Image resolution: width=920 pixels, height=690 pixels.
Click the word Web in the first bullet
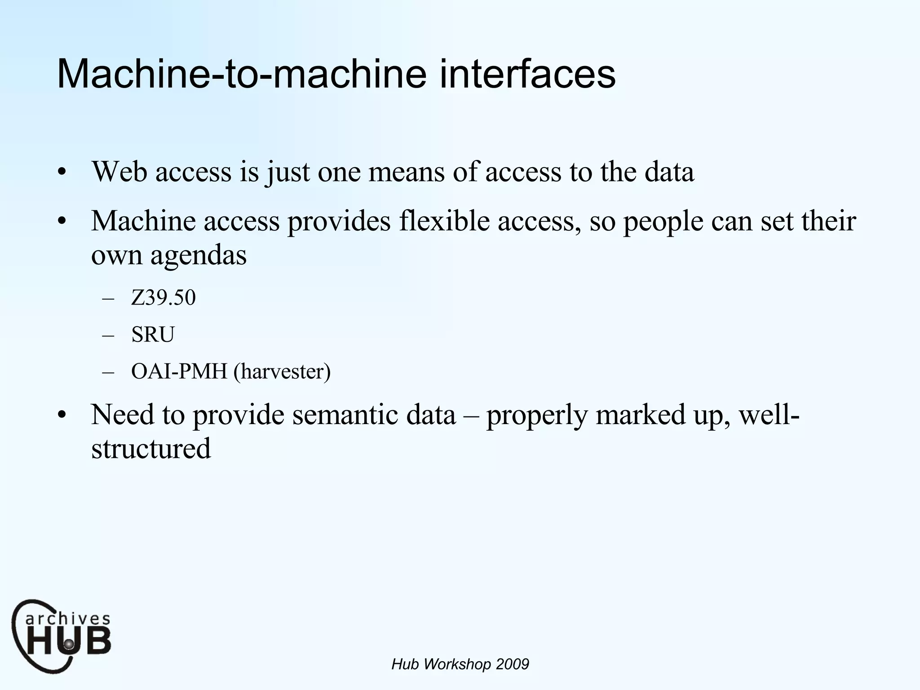(119, 172)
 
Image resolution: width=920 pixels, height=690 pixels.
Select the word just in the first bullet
(287, 172)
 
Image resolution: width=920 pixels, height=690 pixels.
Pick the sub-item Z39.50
(164, 298)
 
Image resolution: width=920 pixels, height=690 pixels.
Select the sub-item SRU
(153, 335)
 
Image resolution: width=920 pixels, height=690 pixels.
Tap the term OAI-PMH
(179, 372)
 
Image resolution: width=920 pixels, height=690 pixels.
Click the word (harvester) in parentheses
(282, 372)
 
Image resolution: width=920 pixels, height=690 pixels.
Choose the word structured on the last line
(151, 449)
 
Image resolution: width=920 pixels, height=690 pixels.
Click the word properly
(537, 416)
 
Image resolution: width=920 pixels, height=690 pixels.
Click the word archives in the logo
(67, 619)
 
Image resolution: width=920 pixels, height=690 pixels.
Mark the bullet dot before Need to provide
(62, 415)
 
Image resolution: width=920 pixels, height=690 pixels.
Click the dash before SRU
(108, 336)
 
